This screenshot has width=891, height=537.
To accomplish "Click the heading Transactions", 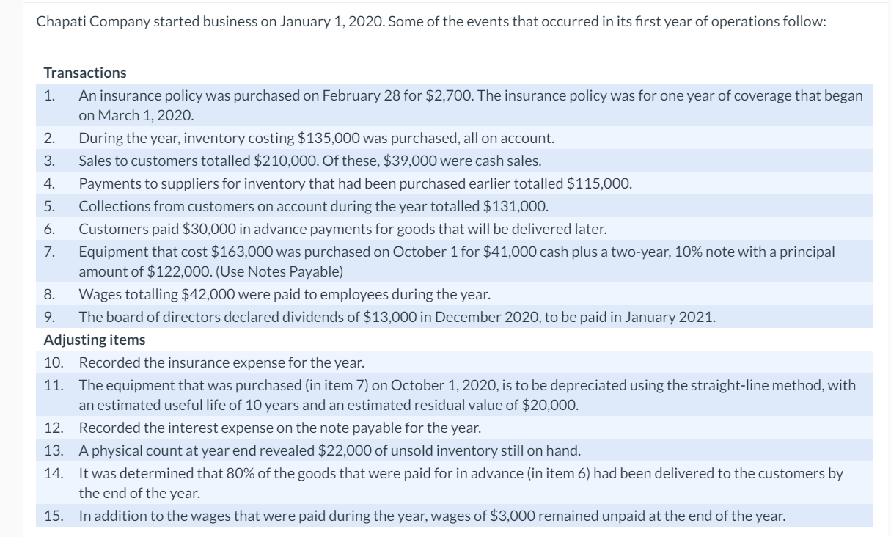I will pos(85,73).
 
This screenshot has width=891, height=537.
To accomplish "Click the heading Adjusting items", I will pos(95,340).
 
